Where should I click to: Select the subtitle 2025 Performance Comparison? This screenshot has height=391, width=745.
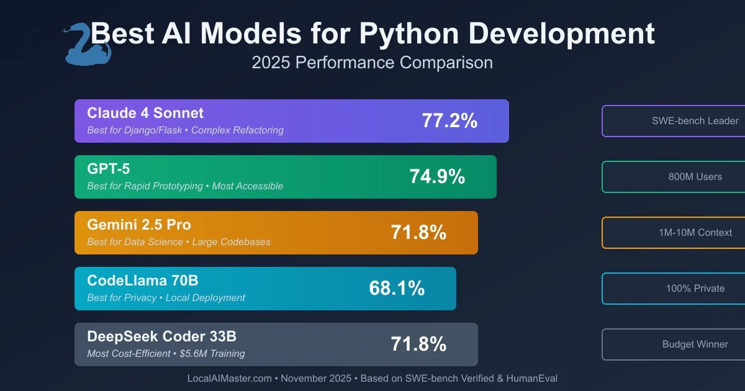pyautogui.click(x=372, y=63)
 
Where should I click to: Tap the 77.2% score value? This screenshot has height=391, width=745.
pyautogui.click(x=449, y=121)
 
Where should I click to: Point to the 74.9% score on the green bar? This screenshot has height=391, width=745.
pyautogui.click(x=437, y=177)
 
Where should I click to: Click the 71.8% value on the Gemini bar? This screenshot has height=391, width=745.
pyautogui.click(x=418, y=233)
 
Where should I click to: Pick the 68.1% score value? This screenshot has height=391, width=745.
pyautogui.click(x=397, y=289)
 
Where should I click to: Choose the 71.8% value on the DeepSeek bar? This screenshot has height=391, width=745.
pyautogui.click(x=418, y=344)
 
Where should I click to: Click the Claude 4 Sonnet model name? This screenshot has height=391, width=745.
pyautogui.click(x=145, y=113)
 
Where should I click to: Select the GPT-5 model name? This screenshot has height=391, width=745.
pyautogui.click(x=109, y=169)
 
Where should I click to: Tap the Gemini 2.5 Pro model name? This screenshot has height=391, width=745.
pyautogui.click(x=139, y=225)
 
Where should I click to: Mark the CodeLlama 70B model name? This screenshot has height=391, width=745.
pyautogui.click(x=143, y=281)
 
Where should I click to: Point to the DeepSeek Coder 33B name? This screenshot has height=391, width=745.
pyautogui.click(x=161, y=336)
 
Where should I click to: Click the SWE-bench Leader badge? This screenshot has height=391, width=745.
pyautogui.click(x=674, y=121)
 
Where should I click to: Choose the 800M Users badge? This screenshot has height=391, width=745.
pyautogui.click(x=674, y=177)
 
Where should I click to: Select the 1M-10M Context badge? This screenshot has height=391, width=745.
pyautogui.click(x=674, y=233)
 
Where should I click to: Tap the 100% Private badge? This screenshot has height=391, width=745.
pyautogui.click(x=674, y=289)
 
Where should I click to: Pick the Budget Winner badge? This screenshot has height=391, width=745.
pyautogui.click(x=674, y=344)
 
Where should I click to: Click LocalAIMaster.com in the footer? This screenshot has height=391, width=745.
pyautogui.click(x=228, y=378)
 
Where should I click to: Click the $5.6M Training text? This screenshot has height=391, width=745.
pyautogui.click(x=212, y=354)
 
